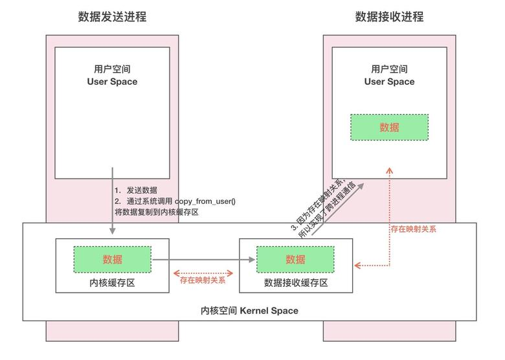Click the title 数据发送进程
(112, 17)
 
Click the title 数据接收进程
(389, 17)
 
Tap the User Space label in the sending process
(112, 82)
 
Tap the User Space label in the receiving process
(389, 82)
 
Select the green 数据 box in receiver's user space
(389, 128)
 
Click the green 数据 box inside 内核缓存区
(112, 259)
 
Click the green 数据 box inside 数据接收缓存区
(295, 259)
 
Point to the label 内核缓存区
(112, 283)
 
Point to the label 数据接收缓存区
(295, 283)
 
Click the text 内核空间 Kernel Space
(250, 311)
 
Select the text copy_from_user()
(205, 201)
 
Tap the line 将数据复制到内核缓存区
(155, 212)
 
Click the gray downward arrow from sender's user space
(113, 201)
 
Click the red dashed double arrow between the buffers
(204, 272)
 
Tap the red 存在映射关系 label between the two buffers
(203, 281)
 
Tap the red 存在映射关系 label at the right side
(413, 229)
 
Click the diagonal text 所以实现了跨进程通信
(328, 212)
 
